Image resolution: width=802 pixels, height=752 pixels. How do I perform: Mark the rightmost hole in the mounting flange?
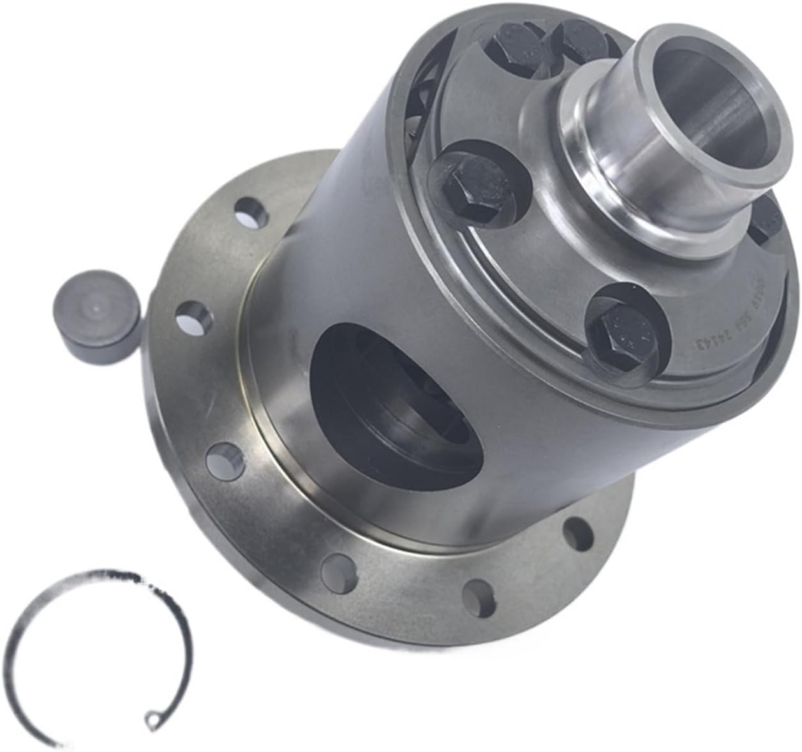tap(577, 529)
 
